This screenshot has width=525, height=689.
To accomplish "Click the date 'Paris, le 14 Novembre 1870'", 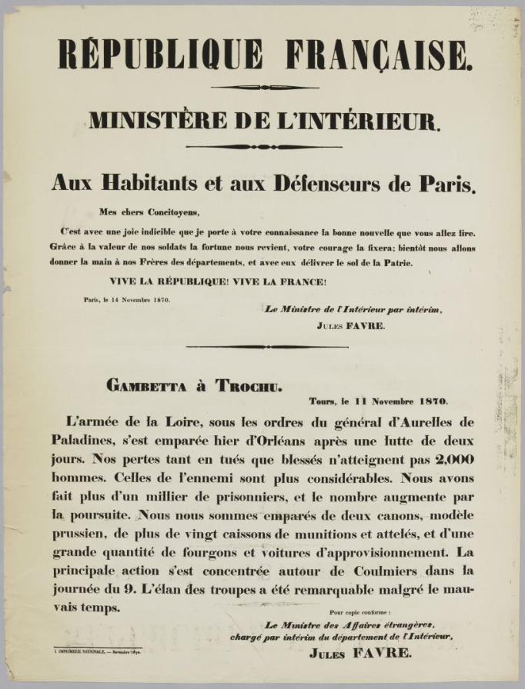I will (x=127, y=300).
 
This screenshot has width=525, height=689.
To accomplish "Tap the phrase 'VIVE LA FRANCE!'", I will (x=273, y=281).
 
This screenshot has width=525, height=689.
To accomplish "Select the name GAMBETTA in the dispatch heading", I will (x=146, y=386).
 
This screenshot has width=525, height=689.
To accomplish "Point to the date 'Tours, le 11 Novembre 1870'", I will (x=379, y=401).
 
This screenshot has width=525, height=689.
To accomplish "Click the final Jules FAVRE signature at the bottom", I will (x=360, y=654).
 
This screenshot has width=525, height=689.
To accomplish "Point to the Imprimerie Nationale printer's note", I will (x=98, y=651).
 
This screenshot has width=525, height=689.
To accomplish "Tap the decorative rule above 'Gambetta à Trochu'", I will (x=266, y=347).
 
